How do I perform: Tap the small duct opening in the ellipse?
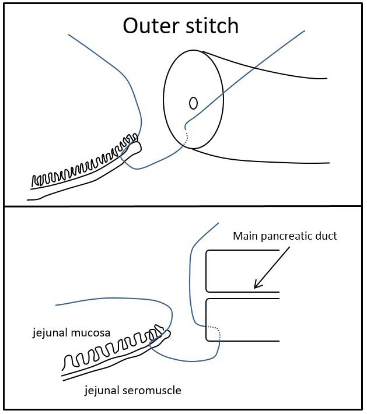(x=193, y=103)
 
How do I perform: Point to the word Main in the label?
(x=245, y=237)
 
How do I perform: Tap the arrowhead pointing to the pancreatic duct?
(x=257, y=286)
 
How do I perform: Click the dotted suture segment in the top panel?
(x=186, y=138)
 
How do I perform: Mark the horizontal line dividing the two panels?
(x=183, y=206)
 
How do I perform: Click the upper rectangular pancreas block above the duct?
(x=242, y=271)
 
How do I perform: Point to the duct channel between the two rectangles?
(x=242, y=295)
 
